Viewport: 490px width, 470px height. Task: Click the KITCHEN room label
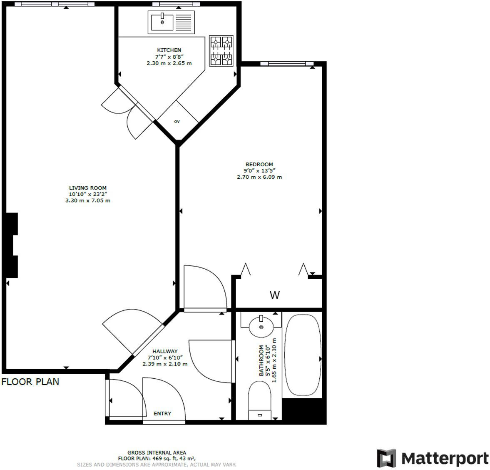pyautogui.click(x=169, y=50)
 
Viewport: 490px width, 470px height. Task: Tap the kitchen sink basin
pyautogui.click(x=162, y=22)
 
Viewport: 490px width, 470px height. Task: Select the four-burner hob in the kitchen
pyautogui.click(x=221, y=51)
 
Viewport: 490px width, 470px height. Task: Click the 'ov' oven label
pyautogui.click(x=177, y=122)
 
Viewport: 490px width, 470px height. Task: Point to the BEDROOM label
pyautogui.click(x=259, y=164)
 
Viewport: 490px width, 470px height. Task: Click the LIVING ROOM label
pyautogui.click(x=88, y=188)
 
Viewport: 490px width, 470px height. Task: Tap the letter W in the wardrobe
pyautogui.click(x=275, y=295)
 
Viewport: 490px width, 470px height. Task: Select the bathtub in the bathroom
pyautogui.click(x=303, y=355)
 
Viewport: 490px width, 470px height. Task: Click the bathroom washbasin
pyautogui.click(x=261, y=326)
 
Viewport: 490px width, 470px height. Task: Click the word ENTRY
pyautogui.click(x=162, y=413)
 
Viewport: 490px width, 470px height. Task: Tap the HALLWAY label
pyautogui.click(x=165, y=351)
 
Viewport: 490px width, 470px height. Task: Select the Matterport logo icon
pyautogui.click(x=386, y=458)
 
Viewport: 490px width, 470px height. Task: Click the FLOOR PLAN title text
pyautogui.click(x=30, y=382)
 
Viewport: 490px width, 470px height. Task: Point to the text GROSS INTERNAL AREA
pyautogui.click(x=157, y=452)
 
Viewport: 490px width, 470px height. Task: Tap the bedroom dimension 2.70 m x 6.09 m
pyautogui.click(x=259, y=177)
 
